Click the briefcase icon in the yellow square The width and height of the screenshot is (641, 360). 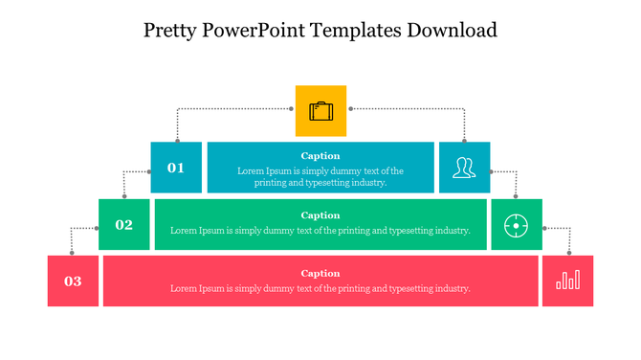(320, 111)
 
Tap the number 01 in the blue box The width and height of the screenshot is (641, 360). (176, 168)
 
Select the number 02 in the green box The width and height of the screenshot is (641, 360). (124, 225)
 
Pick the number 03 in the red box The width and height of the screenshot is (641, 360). (73, 281)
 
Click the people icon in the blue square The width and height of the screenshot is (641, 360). (464, 168)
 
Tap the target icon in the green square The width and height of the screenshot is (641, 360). (516, 225)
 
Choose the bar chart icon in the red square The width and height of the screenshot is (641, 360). (567, 281)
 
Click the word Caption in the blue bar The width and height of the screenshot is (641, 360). (320, 155)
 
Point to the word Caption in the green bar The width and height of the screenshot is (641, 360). (320, 215)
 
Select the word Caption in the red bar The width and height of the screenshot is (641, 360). (320, 273)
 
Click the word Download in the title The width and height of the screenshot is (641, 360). (453, 30)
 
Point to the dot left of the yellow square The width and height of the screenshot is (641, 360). (291, 110)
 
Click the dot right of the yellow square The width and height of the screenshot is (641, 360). (350, 110)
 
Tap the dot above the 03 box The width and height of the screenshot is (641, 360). (72, 253)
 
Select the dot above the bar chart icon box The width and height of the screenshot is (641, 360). (569, 253)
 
